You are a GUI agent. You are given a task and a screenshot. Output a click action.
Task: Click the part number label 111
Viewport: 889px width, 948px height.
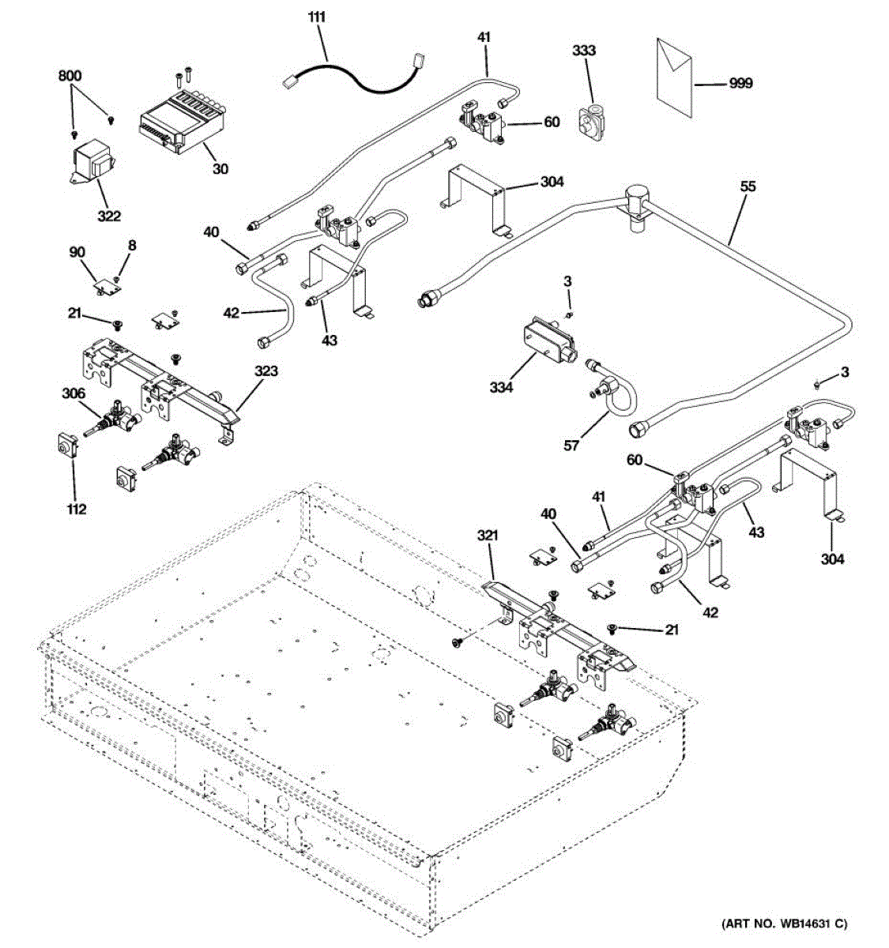(x=317, y=16)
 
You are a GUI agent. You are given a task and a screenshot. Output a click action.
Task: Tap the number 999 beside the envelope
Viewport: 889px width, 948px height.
(x=740, y=83)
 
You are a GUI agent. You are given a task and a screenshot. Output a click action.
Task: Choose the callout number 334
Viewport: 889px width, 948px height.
(x=501, y=387)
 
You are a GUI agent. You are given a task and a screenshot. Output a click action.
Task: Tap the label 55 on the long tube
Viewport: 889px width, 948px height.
(x=748, y=186)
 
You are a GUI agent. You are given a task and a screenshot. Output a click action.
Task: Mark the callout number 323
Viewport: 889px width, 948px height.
(x=266, y=371)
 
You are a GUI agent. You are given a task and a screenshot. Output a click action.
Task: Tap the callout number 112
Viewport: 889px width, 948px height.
(x=76, y=510)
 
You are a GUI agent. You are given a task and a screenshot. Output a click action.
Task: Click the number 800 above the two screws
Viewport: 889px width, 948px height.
(x=70, y=76)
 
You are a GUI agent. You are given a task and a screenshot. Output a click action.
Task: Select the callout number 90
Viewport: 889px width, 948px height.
(x=77, y=252)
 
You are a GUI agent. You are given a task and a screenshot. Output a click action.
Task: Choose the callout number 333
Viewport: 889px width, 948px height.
(x=584, y=51)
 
